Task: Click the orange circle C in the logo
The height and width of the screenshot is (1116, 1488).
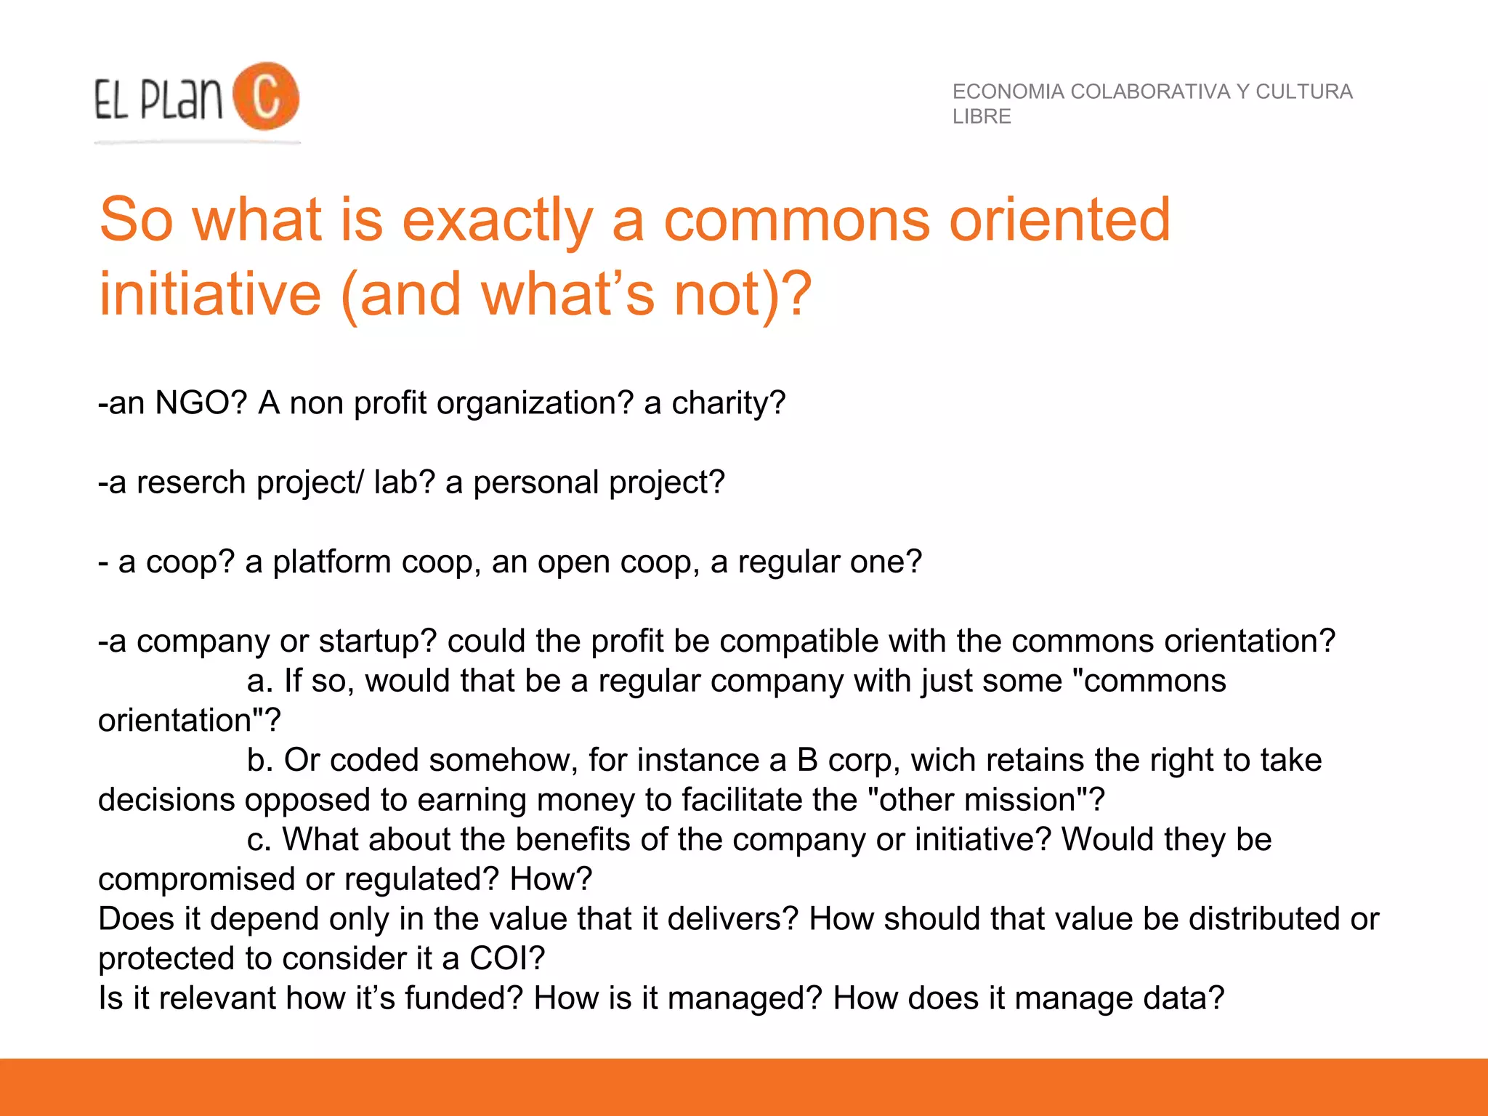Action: (x=266, y=97)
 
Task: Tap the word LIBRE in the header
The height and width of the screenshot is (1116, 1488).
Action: (x=982, y=116)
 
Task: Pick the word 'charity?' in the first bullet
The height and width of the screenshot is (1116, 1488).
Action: (x=728, y=403)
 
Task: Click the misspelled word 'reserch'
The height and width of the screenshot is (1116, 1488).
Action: (x=191, y=482)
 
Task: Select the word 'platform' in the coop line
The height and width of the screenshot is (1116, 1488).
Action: (x=331, y=562)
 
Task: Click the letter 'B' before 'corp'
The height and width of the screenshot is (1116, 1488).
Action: (x=807, y=760)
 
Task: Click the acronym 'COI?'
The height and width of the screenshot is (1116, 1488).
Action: (x=507, y=958)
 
